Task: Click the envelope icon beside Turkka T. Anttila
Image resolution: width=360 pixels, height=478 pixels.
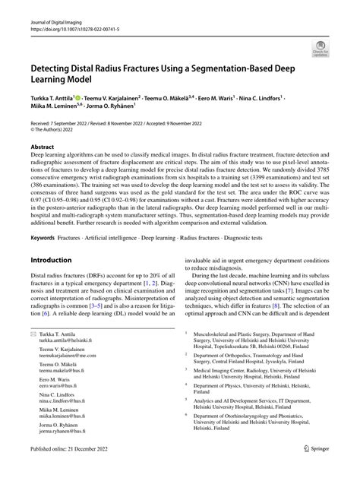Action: (33, 335)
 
